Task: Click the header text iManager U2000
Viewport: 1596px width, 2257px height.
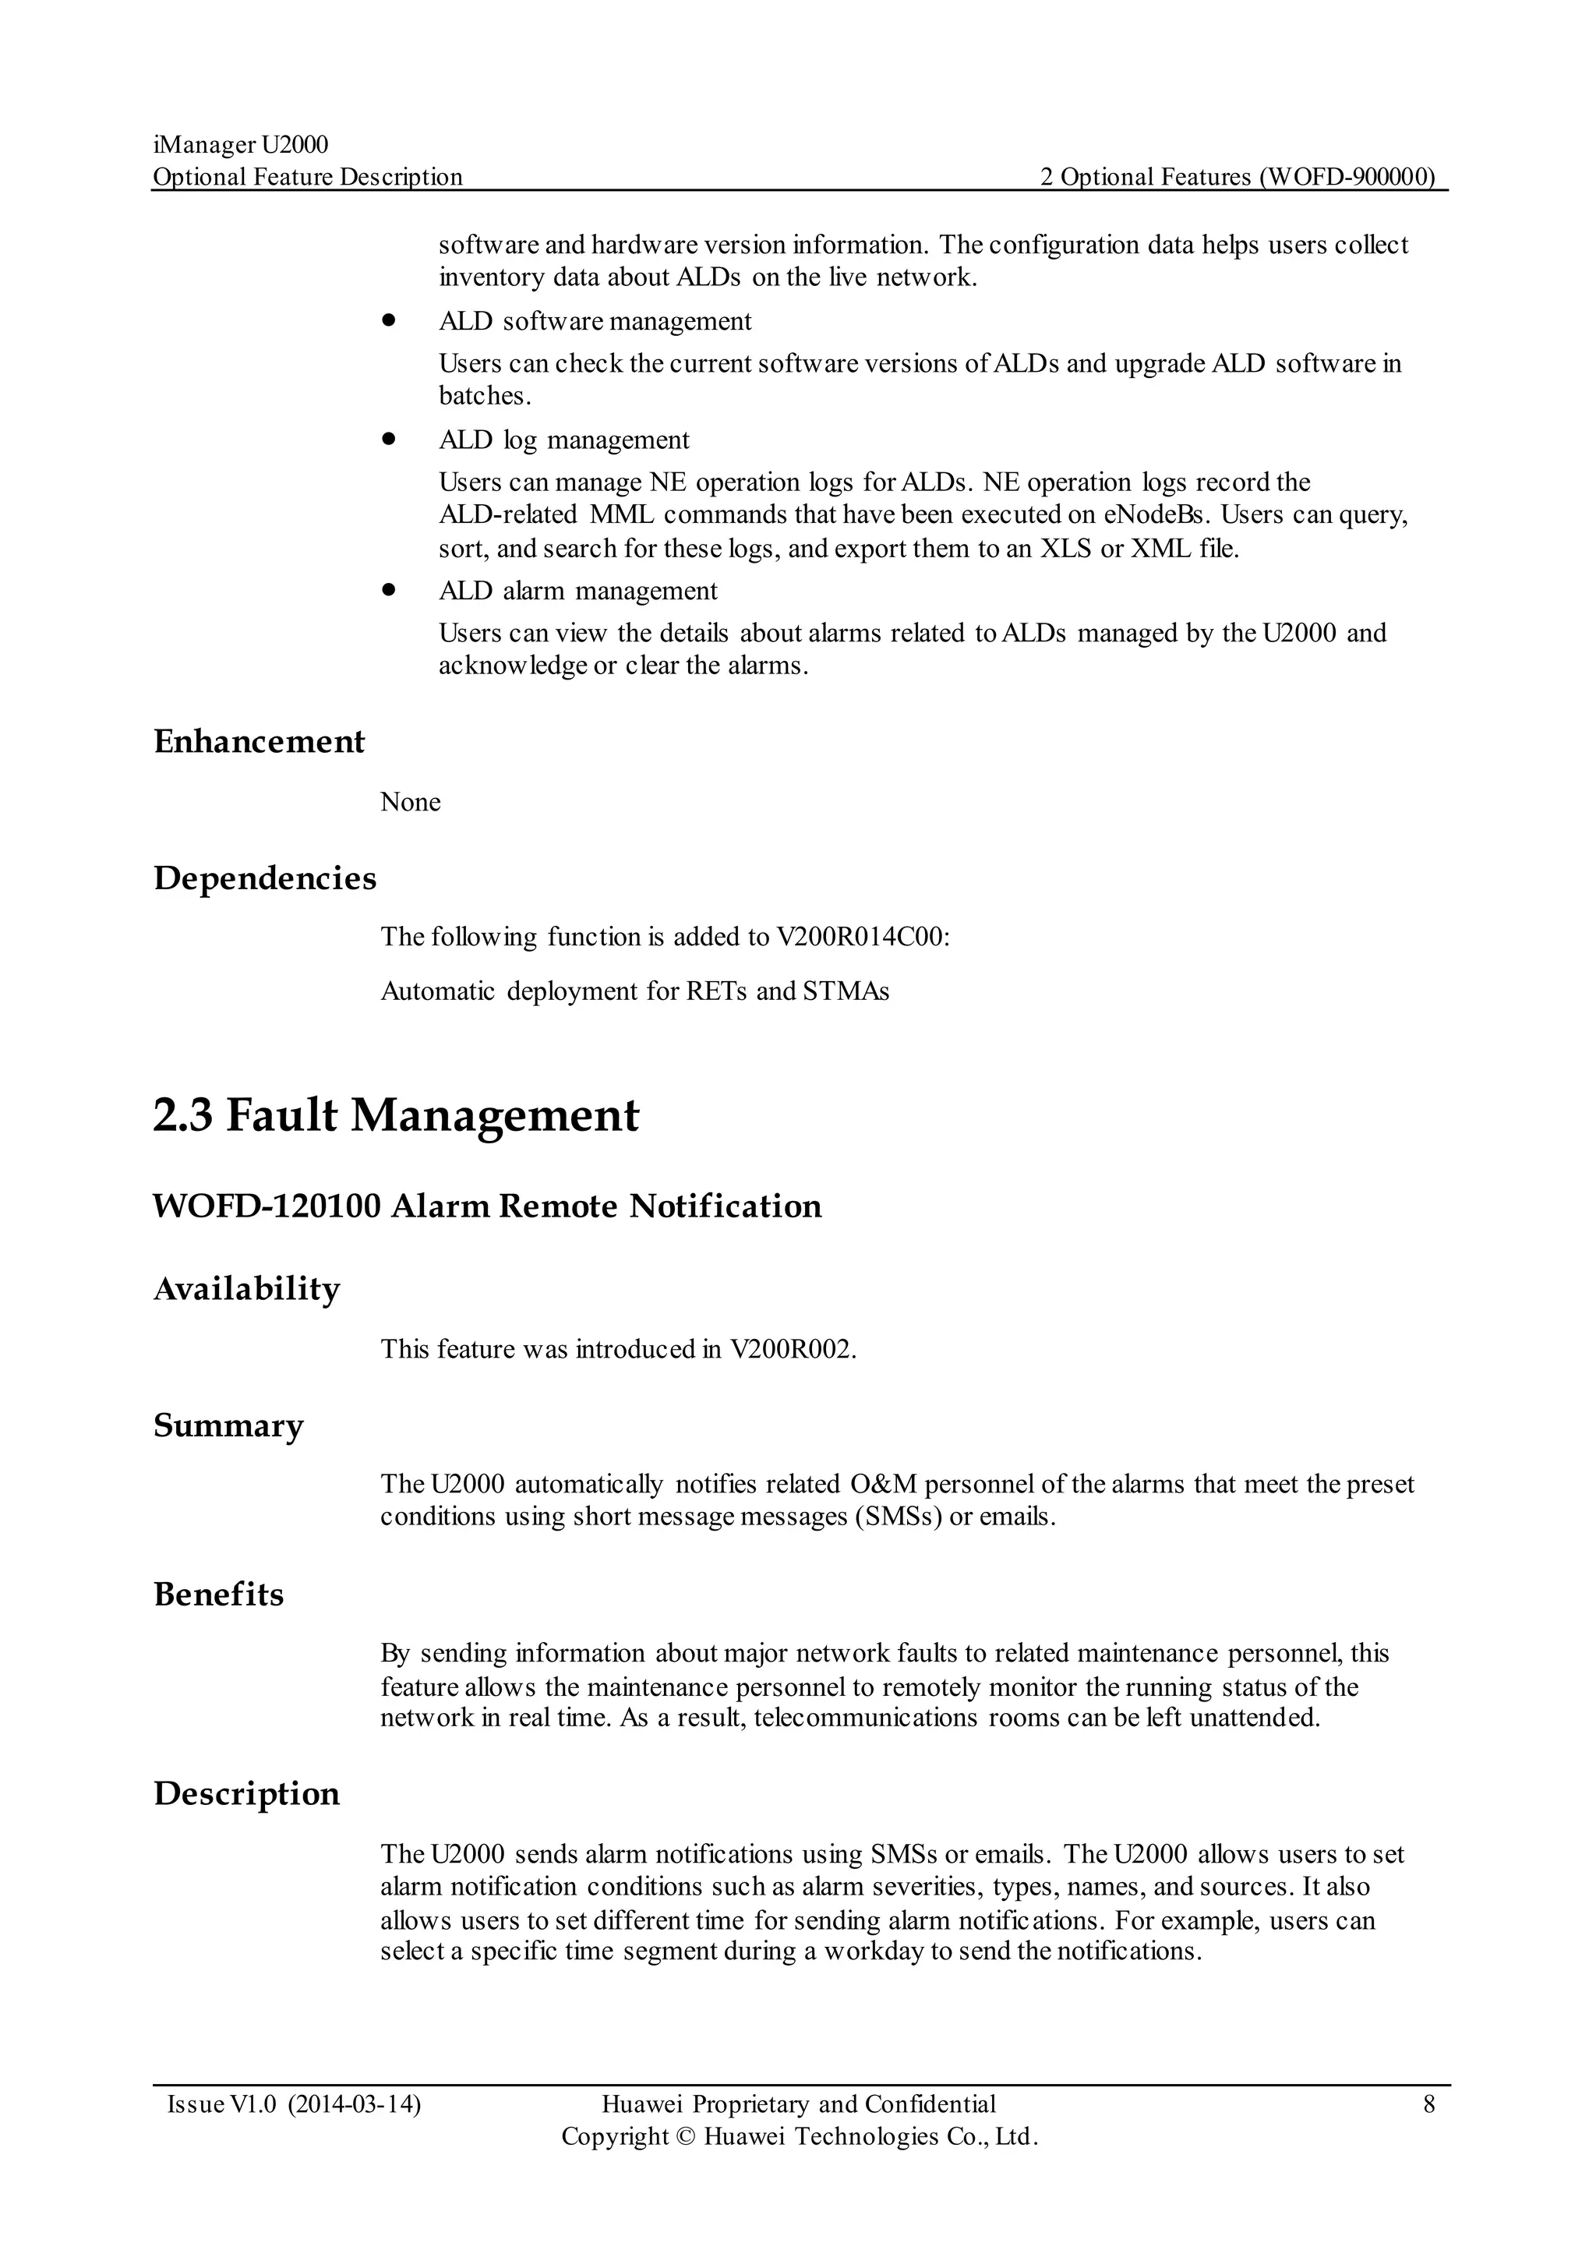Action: coord(241,146)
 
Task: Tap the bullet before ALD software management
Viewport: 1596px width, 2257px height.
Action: coord(389,320)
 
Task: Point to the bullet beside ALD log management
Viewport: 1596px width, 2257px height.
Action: coord(389,440)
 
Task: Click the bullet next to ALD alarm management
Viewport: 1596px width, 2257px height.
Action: coord(389,590)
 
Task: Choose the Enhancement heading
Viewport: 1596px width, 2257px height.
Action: coord(259,741)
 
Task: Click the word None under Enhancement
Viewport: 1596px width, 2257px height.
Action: coord(410,802)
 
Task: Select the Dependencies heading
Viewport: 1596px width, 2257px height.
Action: coord(264,878)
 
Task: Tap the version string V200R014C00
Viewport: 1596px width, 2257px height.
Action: coord(862,937)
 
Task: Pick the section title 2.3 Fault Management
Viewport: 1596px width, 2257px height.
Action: coord(395,1116)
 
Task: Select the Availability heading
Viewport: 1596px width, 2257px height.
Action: coord(247,1289)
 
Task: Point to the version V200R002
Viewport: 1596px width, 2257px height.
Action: coord(792,1349)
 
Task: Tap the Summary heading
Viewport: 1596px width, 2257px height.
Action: coord(228,1425)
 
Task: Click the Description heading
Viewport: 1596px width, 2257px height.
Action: coord(247,1794)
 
